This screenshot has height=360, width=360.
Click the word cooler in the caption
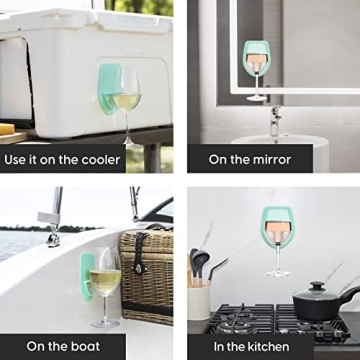[101, 160]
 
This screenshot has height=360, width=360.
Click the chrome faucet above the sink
[275, 121]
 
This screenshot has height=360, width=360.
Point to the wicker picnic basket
[147, 276]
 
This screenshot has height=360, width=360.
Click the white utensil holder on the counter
[199, 303]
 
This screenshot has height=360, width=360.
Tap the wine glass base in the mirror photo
[257, 98]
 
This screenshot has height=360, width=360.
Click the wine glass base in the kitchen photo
[278, 274]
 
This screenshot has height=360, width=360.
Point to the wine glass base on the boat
[105, 323]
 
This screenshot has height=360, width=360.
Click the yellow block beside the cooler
[7, 129]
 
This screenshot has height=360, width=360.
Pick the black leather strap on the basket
[139, 252]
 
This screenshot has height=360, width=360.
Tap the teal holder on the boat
[86, 277]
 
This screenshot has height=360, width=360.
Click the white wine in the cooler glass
[126, 102]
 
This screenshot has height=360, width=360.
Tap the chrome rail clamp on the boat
[53, 237]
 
